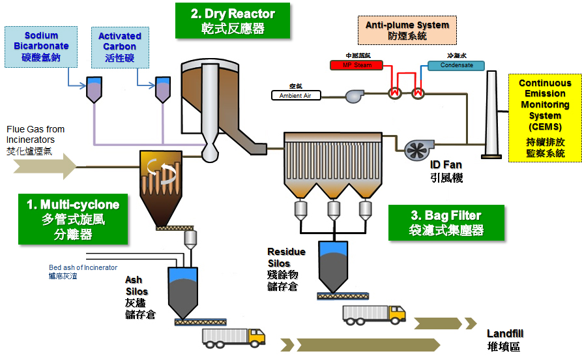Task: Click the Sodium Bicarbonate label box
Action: tap(40, 47)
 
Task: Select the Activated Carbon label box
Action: tap(120, 47)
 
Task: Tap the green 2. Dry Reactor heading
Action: tap(233, 21)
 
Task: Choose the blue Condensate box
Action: tap(456, 65)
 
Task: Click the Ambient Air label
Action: tap(296, 95)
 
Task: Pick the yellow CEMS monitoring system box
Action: tap(545, 118)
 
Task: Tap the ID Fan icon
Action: tap(415, 149)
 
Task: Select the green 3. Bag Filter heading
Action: tap(446, 222)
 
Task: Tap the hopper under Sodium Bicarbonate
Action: tap(95, 89)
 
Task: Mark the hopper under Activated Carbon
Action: tap(162, 89)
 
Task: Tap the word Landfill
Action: tap(505, 333)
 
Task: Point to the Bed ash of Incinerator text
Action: tap(83, 267)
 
